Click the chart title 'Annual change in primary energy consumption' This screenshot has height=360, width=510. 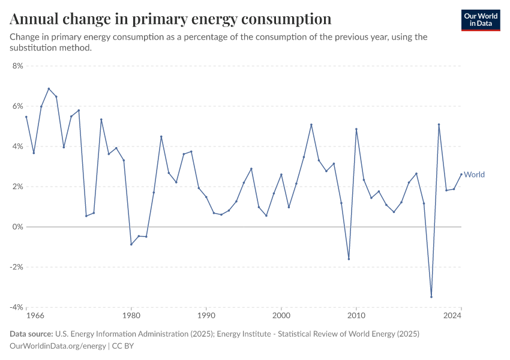(170, 19)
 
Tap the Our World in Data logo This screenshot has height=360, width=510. (481, 20)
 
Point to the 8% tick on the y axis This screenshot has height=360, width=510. (17, 66)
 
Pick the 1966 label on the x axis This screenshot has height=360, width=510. (27, 315)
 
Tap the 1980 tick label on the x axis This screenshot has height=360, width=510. (131, 315)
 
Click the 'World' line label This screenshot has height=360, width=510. (474, 175)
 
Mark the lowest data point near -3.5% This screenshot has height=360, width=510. (431, 296)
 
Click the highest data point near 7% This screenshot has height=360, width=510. (49, 89)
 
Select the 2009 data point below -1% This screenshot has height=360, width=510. (349, 259)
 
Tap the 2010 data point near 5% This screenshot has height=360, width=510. (356, 129)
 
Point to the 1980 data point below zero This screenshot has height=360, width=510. (131, 244)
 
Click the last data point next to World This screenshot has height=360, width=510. (461, 175)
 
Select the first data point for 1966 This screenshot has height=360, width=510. (26, 117)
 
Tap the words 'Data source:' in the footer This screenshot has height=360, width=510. (31, 334)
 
